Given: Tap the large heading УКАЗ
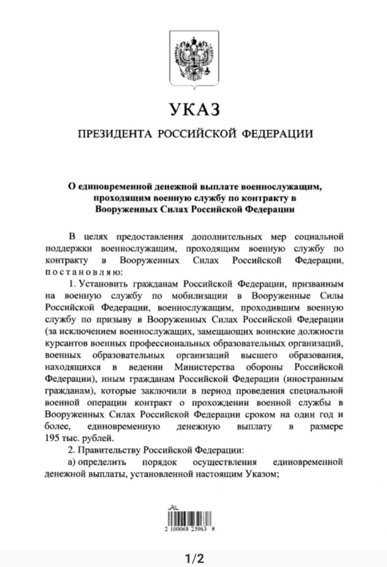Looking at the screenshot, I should [194, 110].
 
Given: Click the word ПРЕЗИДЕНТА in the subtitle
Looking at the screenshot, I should [114, 134].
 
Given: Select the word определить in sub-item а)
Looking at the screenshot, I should [99, 462].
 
